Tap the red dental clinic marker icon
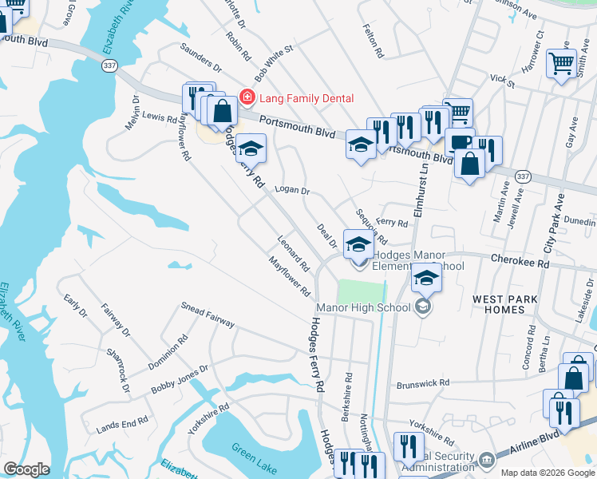coord(247,97)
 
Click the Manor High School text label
coord(363,307)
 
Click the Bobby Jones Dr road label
coord(180,380)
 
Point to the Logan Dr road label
coord(291,190)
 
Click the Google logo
coord(26,469)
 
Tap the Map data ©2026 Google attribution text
coord(548,473)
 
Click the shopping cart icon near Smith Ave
coord(562,61)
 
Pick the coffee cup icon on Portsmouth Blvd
coord(460,141)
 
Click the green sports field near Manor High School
coord(361,291)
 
